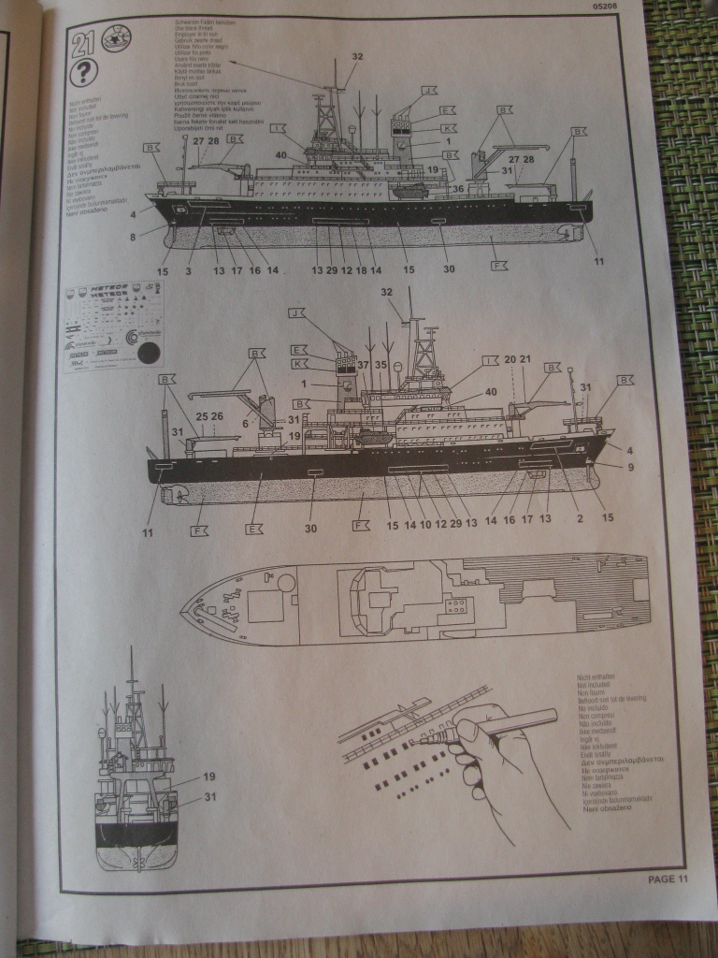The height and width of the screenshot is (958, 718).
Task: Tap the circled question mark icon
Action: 85,73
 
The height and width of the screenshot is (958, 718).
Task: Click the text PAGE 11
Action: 668,878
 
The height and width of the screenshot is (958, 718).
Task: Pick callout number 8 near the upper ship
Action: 135,237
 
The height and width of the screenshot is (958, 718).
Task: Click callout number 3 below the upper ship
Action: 188,270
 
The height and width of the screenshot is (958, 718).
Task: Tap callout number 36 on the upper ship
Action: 457,189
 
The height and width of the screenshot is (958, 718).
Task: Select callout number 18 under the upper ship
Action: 361,270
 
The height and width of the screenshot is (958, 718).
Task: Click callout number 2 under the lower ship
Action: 581,517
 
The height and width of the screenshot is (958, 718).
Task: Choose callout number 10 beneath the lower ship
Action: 425,525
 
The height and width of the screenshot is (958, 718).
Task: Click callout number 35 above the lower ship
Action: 381,365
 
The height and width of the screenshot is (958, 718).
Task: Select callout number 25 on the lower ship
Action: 200,415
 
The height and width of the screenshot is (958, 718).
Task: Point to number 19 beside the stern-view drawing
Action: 208,777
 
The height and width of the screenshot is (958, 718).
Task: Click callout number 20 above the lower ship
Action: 510,359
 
